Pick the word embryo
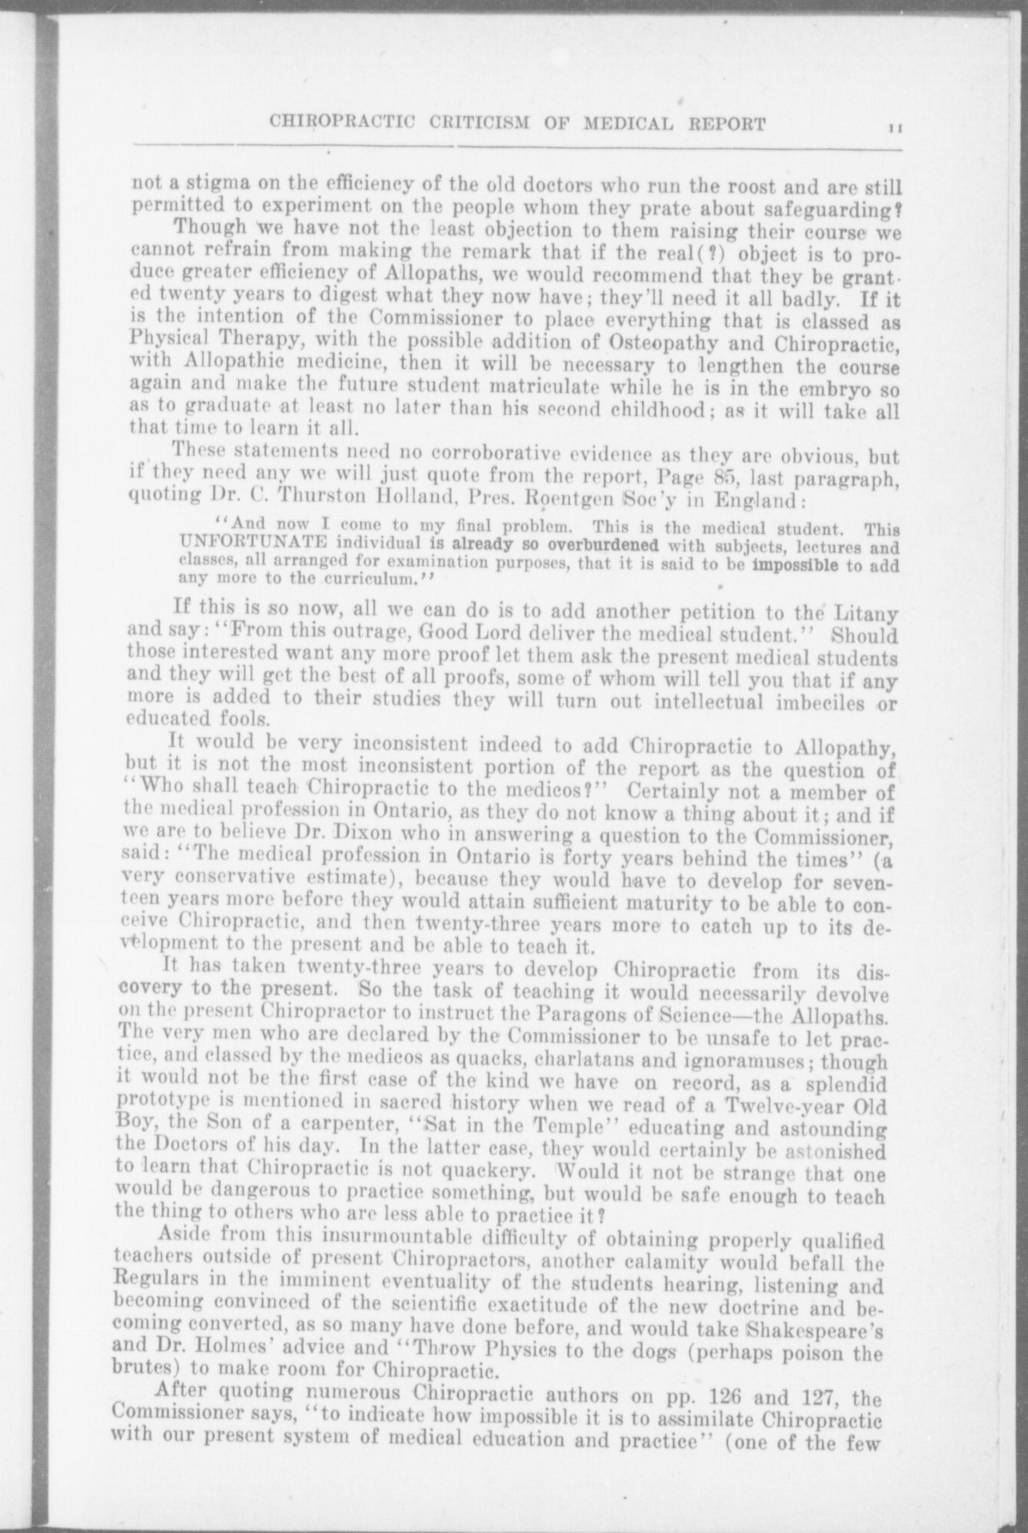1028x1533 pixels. [833, 393]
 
